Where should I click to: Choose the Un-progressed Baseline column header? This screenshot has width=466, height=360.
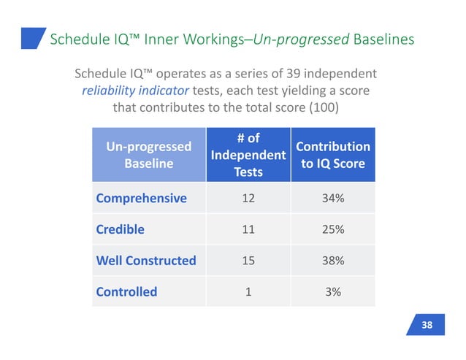tap(149, 155)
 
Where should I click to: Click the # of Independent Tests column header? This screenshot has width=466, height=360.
tap(248, 155)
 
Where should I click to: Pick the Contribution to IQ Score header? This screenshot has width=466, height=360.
tap(332, 155)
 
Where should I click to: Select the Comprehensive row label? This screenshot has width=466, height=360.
tap(141, 198)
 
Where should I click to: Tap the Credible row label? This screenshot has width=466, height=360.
tap(121, 229)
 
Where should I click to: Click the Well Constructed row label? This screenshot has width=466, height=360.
tap(146, 260)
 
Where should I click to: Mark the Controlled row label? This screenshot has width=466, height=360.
tap(126, 291)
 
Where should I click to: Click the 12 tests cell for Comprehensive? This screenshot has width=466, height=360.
tap(248, 198)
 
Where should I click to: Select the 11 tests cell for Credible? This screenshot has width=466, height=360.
tap(248, 229)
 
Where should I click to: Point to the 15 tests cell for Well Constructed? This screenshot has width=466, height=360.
tap(248, 260)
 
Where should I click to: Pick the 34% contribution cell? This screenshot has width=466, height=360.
tap(332, 198)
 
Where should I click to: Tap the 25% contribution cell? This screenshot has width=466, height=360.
tap(332, 229)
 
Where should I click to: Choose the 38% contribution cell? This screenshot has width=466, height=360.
tap(332, 260)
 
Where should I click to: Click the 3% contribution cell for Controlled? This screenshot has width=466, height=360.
tap(332, 291)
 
